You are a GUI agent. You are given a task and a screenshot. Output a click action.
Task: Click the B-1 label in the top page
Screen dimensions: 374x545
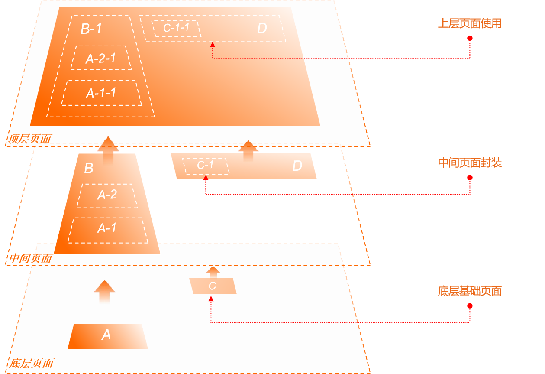pos(91,29)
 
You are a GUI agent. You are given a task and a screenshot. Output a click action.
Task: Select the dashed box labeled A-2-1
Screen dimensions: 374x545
pos(101,58)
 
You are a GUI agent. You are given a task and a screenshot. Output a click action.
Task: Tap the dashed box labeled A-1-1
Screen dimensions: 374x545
pos(101,93)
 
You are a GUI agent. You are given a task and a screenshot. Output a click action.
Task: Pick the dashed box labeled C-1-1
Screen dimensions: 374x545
pos(176,28)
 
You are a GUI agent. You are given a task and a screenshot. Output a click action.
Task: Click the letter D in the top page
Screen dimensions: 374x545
pos(262,29)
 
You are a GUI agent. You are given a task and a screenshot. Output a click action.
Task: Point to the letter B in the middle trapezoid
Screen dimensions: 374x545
pos(88,168)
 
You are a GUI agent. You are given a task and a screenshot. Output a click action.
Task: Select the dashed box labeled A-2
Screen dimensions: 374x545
pos(107,195)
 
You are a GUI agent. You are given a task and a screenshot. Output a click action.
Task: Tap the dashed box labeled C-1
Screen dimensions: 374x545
pos(206,166)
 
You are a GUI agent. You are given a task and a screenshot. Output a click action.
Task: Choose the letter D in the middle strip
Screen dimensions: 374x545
pos(297,166)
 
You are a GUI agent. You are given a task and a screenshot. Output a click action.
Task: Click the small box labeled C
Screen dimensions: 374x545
pos(213,286)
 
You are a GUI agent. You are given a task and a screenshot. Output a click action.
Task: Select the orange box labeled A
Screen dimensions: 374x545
pos(107,335)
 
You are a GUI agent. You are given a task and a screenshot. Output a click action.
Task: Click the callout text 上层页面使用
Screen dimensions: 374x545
pos(470,23)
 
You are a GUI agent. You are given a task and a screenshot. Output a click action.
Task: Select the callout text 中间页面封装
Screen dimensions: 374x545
pos(470,163)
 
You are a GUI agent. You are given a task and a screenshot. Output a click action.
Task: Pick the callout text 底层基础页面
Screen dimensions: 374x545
pos(470,291)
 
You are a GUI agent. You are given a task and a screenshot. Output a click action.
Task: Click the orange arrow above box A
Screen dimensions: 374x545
pos(104,292)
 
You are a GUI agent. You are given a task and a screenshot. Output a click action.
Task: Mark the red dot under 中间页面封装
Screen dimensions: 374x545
pos(470,178)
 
